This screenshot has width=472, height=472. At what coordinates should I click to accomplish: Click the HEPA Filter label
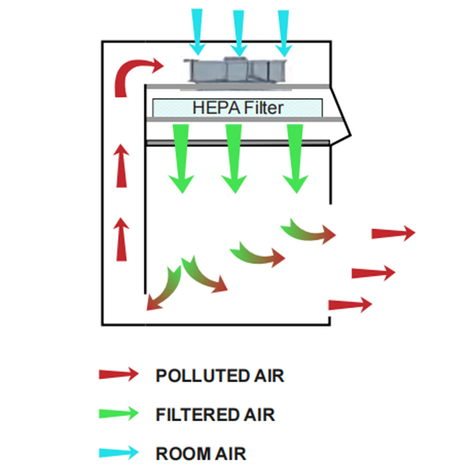[x=237, y=107]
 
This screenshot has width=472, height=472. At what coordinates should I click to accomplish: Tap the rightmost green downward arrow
[x=295, y=156]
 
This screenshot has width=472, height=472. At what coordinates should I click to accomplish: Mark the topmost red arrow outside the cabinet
[x=393, y=233]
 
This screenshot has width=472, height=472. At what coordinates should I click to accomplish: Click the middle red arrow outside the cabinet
[x=374, y=273]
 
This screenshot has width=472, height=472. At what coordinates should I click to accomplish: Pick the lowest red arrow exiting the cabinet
[x=350, y=304]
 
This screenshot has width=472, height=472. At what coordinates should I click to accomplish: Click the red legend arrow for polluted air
[x=118, y=375]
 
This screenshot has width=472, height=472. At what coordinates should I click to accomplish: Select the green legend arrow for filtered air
[x=118, y=414]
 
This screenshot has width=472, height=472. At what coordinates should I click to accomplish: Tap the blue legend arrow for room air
[x=118, y=452]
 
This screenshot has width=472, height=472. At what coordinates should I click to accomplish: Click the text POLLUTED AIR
[x=220, y=375]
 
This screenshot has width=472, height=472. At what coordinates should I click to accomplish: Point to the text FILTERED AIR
[x=215, y=414]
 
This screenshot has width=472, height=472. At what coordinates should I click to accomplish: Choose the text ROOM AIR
[x=201, y=453]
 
